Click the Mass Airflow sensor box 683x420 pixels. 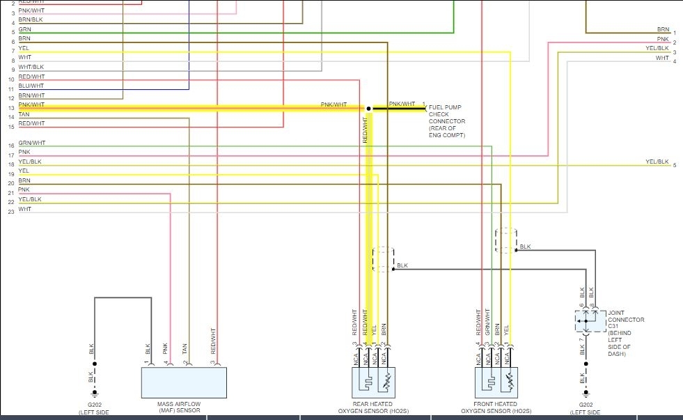pyautogui.click(x=184, y=382)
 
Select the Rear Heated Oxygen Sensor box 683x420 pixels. pyautogui.click(x=373, y=382)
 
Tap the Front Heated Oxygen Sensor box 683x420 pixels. pyautogui.click(x=496, y=382)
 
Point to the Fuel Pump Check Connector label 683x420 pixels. pyautogui.click(x=447, y=120)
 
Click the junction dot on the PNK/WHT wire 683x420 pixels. pyautogui.click(x=368, y=109)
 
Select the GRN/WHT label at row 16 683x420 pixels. pyautogui.click(x=32, y=143)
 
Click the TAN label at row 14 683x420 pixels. pyautogui.click(x=24, y=114)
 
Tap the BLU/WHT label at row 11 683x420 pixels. pyautogui.click(x=31, y=86)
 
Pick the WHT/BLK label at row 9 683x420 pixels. pyautogui.click(x=31, y=67)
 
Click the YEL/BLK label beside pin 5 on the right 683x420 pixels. pyautogui.click(x=657, y=162)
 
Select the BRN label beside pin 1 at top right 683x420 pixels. pyautogui.click(x=663, y=30)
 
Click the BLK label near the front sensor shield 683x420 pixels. pyautogui.click(x=525, y=247)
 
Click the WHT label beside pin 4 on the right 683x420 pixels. pyautogui.click(x=662, y=58)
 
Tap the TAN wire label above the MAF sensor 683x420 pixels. pyautogui.click(x=185, y=348)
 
